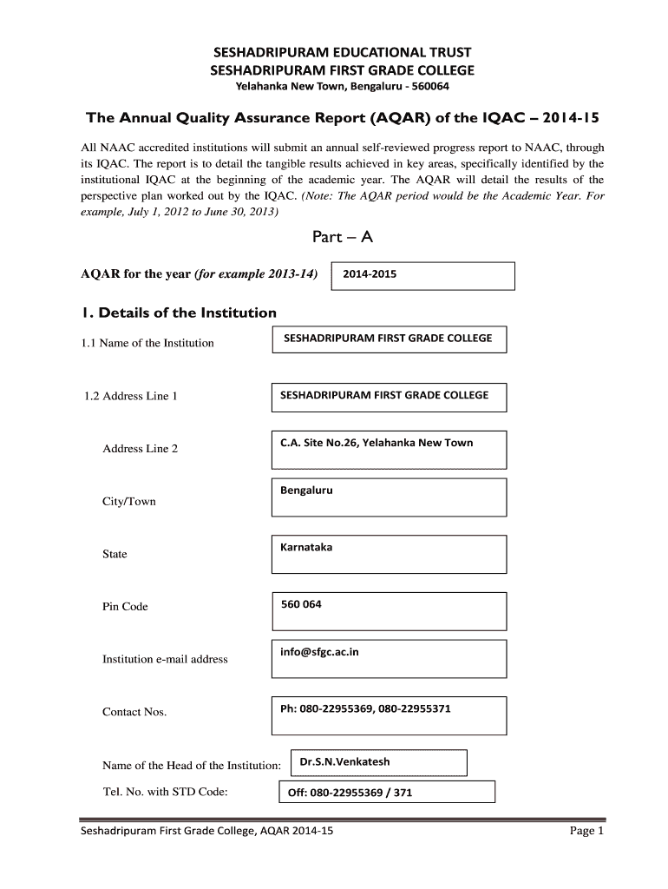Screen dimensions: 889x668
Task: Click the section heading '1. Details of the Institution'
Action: [x=179, y=313]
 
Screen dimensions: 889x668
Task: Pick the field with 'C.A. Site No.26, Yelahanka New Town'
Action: [x=377, y=443]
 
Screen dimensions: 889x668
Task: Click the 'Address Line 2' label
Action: [x=141, y=449]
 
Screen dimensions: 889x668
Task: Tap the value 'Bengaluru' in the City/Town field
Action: [x=306, y=491]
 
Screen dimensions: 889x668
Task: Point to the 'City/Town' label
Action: [x=129, y=502]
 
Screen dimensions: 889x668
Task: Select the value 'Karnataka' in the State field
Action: [x=306, y=547]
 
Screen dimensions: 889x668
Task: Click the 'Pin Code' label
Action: [x=125, y=607]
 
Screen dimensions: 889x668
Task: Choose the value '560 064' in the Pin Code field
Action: [x=301, y=604]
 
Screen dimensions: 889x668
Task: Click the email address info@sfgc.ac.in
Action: [x=319, y=652]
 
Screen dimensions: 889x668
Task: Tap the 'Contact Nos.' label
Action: [x=134, y=712]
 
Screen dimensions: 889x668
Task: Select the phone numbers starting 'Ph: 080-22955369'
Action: [x=365, y=708]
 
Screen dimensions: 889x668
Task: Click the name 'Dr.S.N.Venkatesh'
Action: [x=344, y=762]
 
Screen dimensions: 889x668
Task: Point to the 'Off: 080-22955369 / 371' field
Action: [x=350, y=793]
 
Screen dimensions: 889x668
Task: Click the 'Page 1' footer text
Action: [x=586, y=832]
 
